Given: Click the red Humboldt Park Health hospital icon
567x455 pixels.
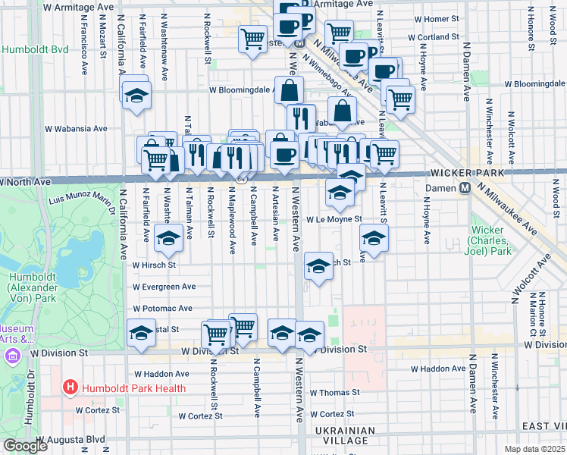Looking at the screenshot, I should click(70, 388).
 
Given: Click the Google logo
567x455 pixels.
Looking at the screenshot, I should click(24, 446).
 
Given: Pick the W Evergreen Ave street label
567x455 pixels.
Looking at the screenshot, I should click(164, 287).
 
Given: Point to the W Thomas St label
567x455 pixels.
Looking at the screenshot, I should click(334, 393).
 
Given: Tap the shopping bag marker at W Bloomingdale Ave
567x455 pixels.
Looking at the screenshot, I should click(289, 91).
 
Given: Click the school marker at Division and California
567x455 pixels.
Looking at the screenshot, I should click(141, 334).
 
